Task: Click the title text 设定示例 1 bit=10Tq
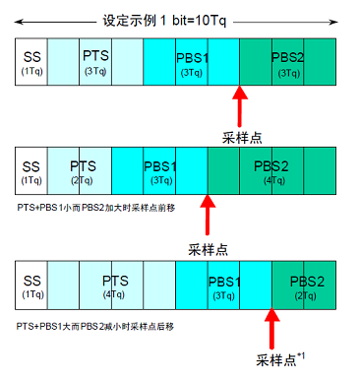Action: tap(164, 21)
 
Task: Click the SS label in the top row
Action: tap(31, 57)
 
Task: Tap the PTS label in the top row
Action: tap(95, 55)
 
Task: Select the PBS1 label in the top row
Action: tap(192, 58)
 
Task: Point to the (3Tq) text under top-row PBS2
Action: tap(289, 73)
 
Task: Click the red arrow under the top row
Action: tap(240, 106)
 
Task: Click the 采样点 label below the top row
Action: tap(242, 138)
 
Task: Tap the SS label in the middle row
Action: tap(30, 166)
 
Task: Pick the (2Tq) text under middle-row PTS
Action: tap(82, 180)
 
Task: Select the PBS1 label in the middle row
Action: tap(160, 166)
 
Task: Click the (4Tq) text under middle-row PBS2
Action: tap(274, 180)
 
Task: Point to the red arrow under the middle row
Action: tap(208, 215)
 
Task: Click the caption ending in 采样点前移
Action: tap(96, 208)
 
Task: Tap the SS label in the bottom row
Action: tap(32, 281)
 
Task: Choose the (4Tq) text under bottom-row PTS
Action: tap(114, 294)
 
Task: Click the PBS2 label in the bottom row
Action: tap(307, 282)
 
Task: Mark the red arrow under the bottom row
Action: tap(271, 328)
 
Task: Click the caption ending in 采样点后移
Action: tap(95, 327)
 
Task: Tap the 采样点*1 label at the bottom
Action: tap(280, 359)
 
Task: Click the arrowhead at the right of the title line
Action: tap(334, 22)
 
